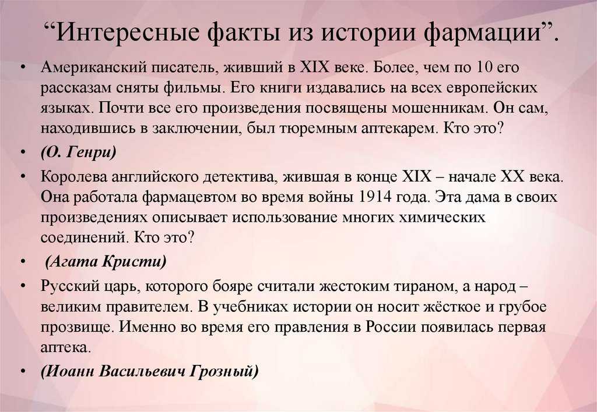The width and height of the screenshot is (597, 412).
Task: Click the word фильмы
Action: pyautogui.click(x=193, y=88)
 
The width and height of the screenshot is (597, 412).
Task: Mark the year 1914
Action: pyautogui.click(x=375, y=197)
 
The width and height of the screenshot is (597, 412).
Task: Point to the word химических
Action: pyautogui.click(x=442, y=218)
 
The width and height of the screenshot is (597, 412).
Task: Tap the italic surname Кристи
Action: pyautogui.click(x=135, y=261)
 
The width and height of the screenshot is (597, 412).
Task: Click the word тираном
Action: pyautogui.click(x=426, y=286)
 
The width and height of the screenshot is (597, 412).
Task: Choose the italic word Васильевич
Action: pyautogui.click(x=143, y=371)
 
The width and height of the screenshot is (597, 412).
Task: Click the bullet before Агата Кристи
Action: pyautogui.click(x=23, y=262)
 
